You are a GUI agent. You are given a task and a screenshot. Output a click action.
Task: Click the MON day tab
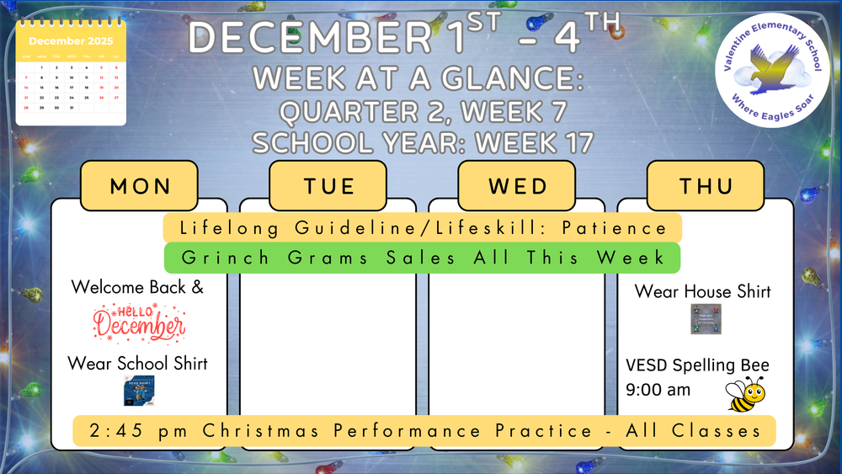(x=139, y=186)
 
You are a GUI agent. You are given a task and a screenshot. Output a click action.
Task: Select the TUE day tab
(x=328, y=186)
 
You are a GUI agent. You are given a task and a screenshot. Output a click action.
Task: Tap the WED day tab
(x=516, y=186)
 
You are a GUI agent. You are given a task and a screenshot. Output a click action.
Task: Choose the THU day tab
(x=705, y=186)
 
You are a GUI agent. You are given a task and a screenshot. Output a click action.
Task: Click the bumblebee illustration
(x=746, y=393)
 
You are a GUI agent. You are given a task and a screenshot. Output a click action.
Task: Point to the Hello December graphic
(x=139, y=322)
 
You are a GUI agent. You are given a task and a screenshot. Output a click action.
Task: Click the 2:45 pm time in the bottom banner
(x=125, y=431)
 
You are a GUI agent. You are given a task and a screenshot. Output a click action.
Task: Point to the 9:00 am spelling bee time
(x=658, y=390)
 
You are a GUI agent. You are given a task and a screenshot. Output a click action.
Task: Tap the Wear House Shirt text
(x=702, y=291)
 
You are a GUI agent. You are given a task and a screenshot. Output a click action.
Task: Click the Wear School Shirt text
(x=137, y=364)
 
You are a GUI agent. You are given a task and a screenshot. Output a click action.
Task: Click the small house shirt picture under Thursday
(x=706, y=320)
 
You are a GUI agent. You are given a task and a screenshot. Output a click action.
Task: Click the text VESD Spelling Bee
(x=697, y=366)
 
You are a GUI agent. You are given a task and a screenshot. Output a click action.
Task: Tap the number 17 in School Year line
(x=573, y=142)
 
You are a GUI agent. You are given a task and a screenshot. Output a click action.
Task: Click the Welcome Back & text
(x=137, y=287)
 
